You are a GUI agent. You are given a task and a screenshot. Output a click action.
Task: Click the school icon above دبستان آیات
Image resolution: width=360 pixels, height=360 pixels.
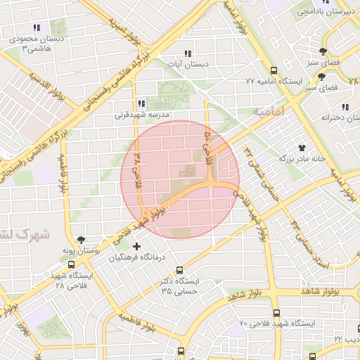[188, 53]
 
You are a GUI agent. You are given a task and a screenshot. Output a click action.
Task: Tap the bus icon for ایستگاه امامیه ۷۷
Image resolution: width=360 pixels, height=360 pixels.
[274, 71]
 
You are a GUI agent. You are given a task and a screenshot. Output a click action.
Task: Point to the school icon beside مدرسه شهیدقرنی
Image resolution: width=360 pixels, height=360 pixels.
[141, 103]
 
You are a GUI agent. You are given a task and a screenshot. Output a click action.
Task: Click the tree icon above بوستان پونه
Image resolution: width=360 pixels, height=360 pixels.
[81, 240]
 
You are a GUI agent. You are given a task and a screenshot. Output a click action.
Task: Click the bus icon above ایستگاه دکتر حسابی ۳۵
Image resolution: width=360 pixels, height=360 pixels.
[179, 270]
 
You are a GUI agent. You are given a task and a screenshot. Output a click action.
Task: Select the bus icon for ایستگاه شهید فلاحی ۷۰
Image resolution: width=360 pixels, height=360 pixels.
[275, 314]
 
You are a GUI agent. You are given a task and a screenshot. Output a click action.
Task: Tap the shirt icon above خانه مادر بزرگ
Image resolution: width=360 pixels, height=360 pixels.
[302, 148]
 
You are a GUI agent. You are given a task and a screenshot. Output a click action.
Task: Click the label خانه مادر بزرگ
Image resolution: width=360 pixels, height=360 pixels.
[302, 159]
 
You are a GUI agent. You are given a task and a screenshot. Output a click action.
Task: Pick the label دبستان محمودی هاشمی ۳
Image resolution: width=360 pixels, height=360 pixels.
[39, 44]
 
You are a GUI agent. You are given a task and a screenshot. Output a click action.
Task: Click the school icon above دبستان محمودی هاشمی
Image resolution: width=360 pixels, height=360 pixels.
[37, 29]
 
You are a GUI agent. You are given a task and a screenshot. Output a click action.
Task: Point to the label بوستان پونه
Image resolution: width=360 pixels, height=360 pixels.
[91, 250]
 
